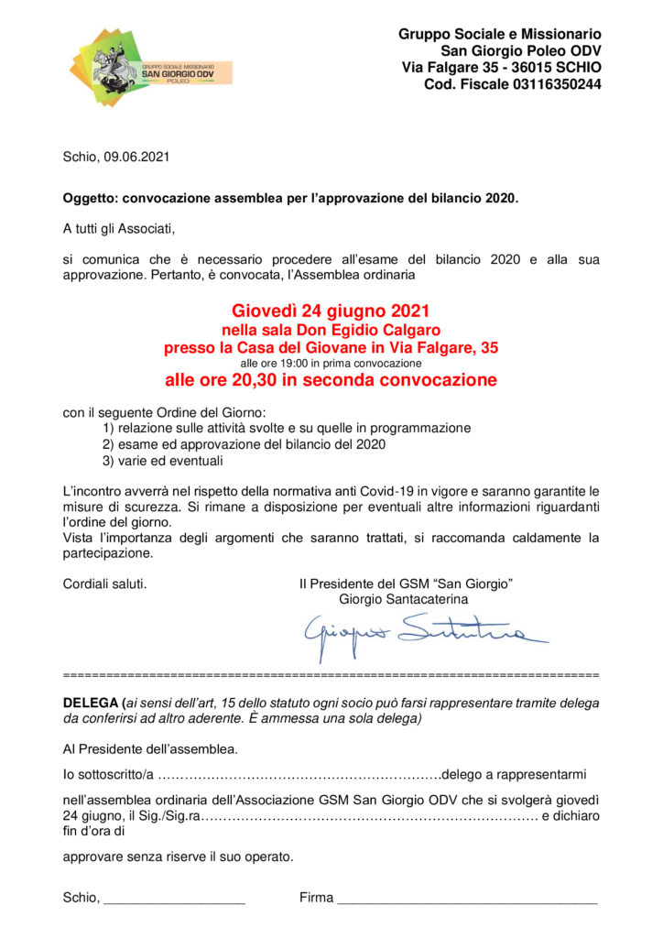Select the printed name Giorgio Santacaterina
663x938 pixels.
(x=403, y=599)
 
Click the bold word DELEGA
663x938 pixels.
(x=92, y=703)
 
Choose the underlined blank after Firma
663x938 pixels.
(x=467, y=899)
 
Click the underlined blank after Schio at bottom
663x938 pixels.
(x=175, y=899)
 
